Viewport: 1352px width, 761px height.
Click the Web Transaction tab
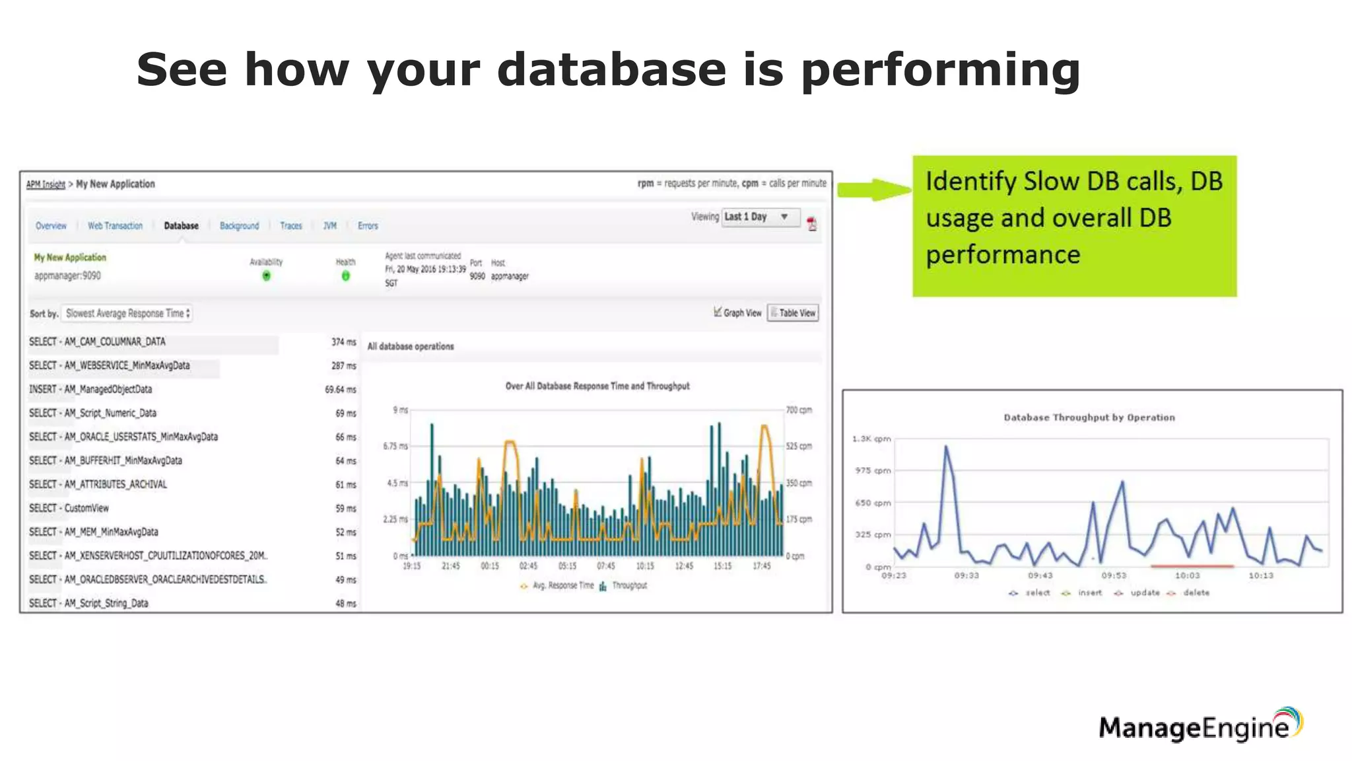pos(115,226)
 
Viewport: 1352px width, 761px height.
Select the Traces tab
pos(290,226)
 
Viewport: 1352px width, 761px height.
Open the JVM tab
pos(329,226)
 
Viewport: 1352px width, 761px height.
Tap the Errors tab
pos(368,226)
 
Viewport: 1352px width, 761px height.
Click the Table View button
pos(793,313)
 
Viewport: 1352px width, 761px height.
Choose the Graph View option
pos(737,313)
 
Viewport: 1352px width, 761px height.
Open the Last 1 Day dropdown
pos(760,217)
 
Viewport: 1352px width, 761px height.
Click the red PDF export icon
pos(812,224)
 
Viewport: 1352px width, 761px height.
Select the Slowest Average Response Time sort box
pos(127,313)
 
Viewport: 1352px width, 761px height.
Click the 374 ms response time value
pos(343,342)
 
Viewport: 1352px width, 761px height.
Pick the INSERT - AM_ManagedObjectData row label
pos(90,390)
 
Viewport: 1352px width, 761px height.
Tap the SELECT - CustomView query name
pos(69,508)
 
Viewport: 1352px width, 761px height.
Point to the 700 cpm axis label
pos(799,410)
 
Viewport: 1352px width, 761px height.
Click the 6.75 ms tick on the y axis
pos(395,447)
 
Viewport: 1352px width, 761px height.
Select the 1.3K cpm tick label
pos(871,439)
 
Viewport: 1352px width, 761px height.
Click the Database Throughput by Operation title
pos(1089,417)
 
